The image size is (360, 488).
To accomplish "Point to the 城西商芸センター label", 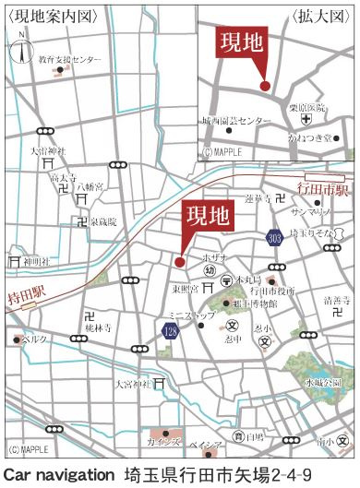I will point(237,121).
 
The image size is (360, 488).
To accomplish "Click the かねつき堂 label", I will point(309,137).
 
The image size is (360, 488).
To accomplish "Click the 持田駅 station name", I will point(26,295).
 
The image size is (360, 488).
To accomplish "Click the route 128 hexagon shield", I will point(171,330).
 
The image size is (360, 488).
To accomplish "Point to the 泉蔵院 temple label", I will point(103,222).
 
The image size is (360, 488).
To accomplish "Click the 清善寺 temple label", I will point(336,300).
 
